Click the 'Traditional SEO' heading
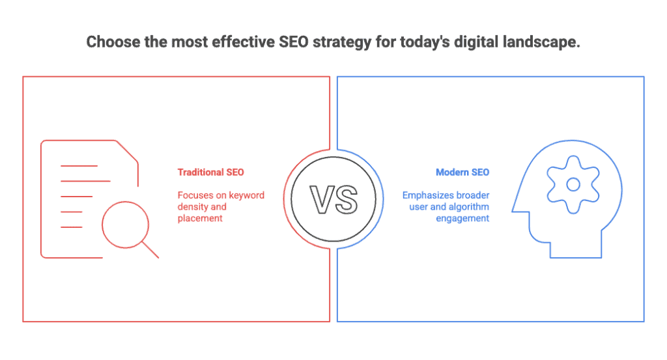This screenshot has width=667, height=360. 210,172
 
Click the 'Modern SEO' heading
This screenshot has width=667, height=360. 462,172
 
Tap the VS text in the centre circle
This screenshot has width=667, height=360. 333,199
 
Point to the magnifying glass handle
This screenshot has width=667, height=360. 150,250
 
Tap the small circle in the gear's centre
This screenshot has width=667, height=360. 573,184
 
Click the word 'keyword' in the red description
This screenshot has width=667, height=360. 246,195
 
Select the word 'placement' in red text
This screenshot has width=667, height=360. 200,219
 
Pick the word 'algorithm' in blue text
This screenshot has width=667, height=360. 469,207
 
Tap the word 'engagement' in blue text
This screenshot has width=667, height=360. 462,219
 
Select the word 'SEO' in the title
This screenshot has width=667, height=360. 293,42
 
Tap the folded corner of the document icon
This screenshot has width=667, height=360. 127,151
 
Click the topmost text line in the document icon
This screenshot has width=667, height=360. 79,166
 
